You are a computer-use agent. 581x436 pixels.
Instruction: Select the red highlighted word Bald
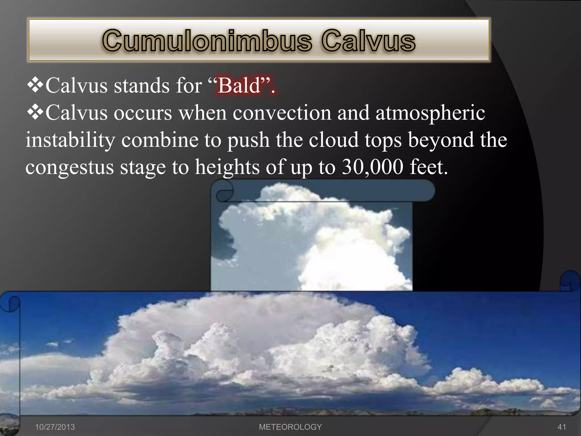click(239, 85)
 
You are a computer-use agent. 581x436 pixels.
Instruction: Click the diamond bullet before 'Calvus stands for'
click(35, 85)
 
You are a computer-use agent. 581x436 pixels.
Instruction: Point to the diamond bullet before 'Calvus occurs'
click(35, 112)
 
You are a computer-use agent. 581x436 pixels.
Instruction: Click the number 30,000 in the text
click(372, 167)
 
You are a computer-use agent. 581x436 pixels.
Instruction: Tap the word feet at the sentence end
click(428, 167)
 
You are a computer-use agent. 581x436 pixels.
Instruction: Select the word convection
click(282, 113)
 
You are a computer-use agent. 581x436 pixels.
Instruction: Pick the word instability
click(70, 140)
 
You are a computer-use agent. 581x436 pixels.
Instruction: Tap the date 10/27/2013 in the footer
click(55, 427)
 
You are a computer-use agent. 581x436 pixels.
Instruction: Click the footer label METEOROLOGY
click(290, 427)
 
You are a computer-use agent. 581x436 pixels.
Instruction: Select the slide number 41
click(562, 427)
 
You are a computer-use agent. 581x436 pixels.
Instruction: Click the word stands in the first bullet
click(142, 85)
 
